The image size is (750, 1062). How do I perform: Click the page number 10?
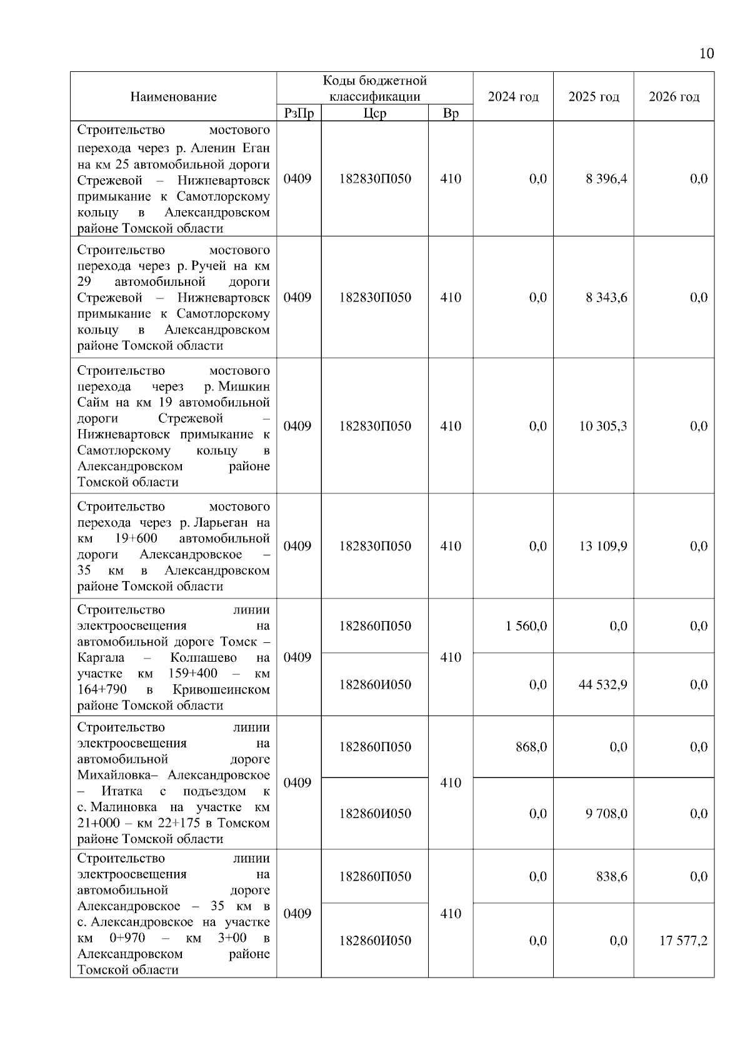pyautogui.click(x=706, y=53)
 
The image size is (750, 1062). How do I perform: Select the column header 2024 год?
pyautogui.click(x=513, y=96)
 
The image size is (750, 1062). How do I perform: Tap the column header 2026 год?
pyautogui.click(x=674, y=96)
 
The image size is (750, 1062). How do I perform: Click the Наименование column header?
pyautogui.click(x=173, y=96)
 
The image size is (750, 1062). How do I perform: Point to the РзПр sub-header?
pyautogui.click(x=299, y=113)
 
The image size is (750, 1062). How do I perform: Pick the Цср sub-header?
pyautogui.click(x=374, y=113)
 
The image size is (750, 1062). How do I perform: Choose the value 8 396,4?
pyautogui.click(x=606, y=179)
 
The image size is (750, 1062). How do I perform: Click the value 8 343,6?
pyautogui.click(x=606, y=298)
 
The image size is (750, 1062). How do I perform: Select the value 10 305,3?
pyautogui.click(x=603, y=427)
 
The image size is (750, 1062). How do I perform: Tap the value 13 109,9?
pyautogui.click(x=603, y=547)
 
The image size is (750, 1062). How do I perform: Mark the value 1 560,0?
pyautogui.click(x=526, y=626)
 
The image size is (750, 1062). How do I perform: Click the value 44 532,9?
pyautogui.click(x=603, y=685)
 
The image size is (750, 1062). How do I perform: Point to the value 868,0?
pyautogui.click(x=531, y=747)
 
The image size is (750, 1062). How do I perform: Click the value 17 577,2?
pyautogui.click(x=683, y=941)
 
